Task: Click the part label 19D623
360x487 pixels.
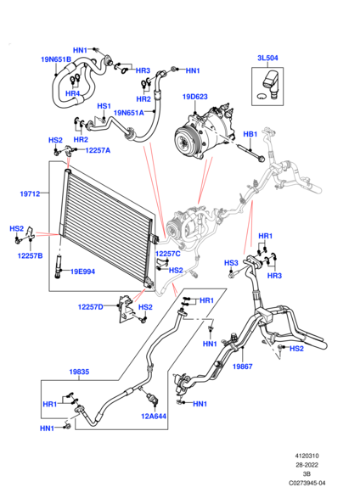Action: point(195,97)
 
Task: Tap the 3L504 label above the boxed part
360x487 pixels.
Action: point(267,58)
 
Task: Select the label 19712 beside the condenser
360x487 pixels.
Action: point(31,194)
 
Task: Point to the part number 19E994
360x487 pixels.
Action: point(82,271)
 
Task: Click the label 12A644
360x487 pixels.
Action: point(154,417)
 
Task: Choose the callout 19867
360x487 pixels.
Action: point(243,367)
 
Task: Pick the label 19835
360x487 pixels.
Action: point(79,372)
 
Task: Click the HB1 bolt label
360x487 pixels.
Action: point(250,134)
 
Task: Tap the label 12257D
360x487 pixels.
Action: point(91,307)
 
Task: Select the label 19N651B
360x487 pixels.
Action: point(56,59)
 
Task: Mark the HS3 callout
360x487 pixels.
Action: point(231,263)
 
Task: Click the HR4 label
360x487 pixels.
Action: point(72,93)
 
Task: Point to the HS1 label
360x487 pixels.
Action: point(104,106)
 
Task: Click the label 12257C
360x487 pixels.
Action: point(168,254)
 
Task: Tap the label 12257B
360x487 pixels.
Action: point(31,256)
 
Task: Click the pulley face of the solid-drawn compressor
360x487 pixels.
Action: point(183,143)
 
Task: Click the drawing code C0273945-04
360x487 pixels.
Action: point(307,483)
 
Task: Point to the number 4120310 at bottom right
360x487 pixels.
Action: point(307,456)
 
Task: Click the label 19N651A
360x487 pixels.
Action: point(129,113)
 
